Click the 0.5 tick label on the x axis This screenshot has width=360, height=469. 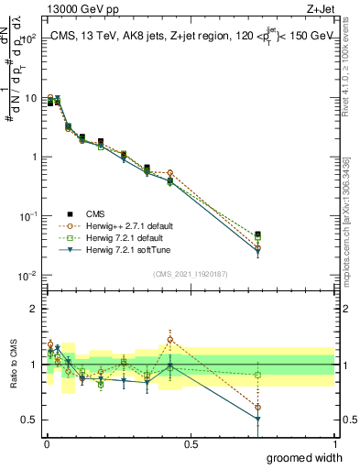190,443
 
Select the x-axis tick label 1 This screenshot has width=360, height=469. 334,443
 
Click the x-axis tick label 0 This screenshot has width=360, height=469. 45,443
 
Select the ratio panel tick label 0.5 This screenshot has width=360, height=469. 30,420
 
